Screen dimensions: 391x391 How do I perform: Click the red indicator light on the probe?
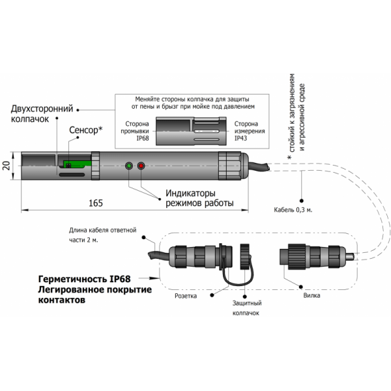point(141,166)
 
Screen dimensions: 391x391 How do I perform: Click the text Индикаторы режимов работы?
point(199,197)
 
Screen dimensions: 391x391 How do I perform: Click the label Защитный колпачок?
point(247,308)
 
